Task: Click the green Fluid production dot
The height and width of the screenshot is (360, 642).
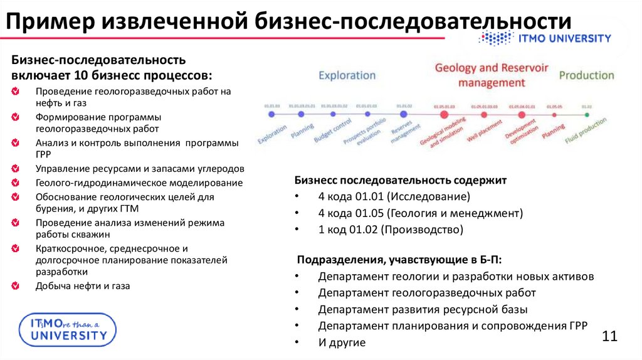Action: (586, 115)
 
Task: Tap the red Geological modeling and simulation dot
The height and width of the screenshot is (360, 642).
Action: (444, 115)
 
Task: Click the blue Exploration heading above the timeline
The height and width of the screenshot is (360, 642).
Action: (347, 75)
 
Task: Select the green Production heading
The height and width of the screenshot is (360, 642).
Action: (586, 75)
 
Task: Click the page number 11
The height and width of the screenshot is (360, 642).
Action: (610, 336)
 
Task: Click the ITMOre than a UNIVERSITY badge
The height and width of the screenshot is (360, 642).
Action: (64, 329)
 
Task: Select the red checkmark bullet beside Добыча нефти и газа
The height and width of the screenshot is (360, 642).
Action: (14, 286)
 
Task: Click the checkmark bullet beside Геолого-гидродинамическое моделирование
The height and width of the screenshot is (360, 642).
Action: (14, 183)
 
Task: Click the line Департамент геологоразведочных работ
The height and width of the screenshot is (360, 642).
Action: (427, 293)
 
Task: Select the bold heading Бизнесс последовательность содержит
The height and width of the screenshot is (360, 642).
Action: (401, 180)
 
